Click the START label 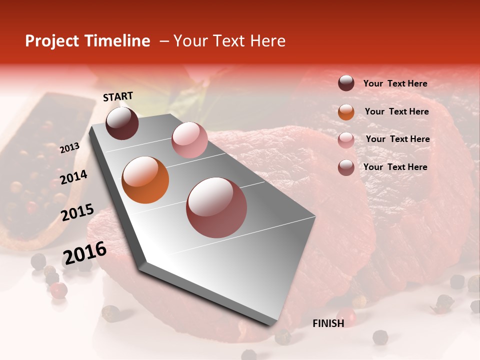tap(118, 96)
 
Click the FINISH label tap(328, 323)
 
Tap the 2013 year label tap(69, 148)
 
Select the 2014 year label tap(73, 177)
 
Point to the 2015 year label tap(77, 212)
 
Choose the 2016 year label tap(84, 253)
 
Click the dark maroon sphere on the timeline tap(122, 123)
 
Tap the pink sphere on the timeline tap(189, 140)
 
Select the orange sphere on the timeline tap(145, 180)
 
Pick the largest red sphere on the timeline tap(216, 207)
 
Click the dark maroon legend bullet tap(346, 83)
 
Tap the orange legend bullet tap(346, 111)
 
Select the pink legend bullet tap(346, 139)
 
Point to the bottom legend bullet tap(346, 167)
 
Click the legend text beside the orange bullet tap(396, 111)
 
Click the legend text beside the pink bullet tap(397, 139)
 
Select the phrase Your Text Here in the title tap(229, 41)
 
